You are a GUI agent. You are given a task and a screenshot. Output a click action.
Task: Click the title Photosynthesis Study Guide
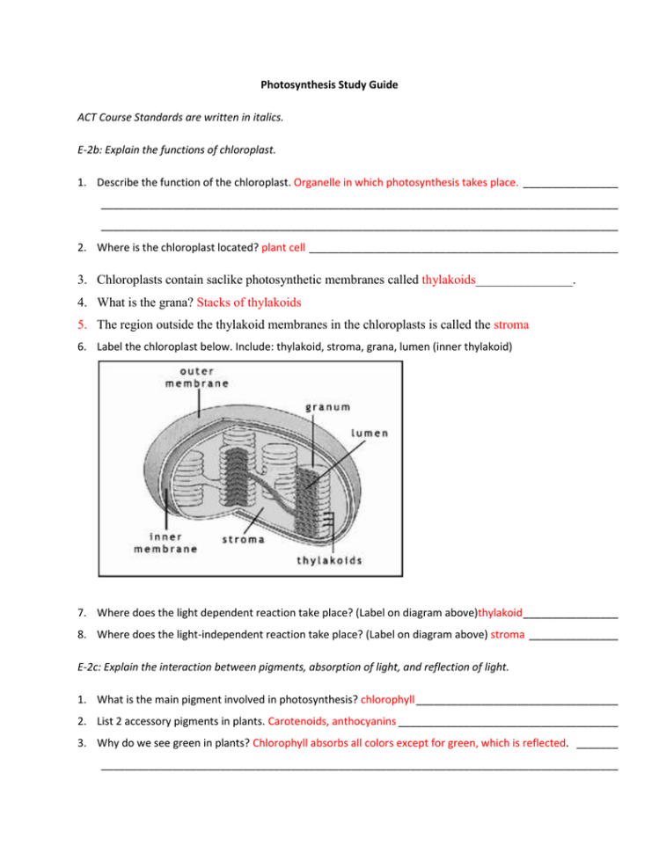[329, 85]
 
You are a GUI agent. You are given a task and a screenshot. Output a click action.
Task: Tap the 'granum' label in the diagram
[328, 407]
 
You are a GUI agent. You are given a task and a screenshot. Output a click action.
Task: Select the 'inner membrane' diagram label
[165, 543]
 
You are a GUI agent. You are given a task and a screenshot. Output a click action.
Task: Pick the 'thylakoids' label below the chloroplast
[329, 560]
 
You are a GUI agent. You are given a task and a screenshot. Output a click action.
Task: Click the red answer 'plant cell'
[283, 248]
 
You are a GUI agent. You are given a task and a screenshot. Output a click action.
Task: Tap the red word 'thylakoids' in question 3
[448, 281]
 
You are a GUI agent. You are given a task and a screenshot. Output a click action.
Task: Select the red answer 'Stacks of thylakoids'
[248, 303]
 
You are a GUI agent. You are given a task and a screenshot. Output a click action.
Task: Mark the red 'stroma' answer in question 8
[507, 634]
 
